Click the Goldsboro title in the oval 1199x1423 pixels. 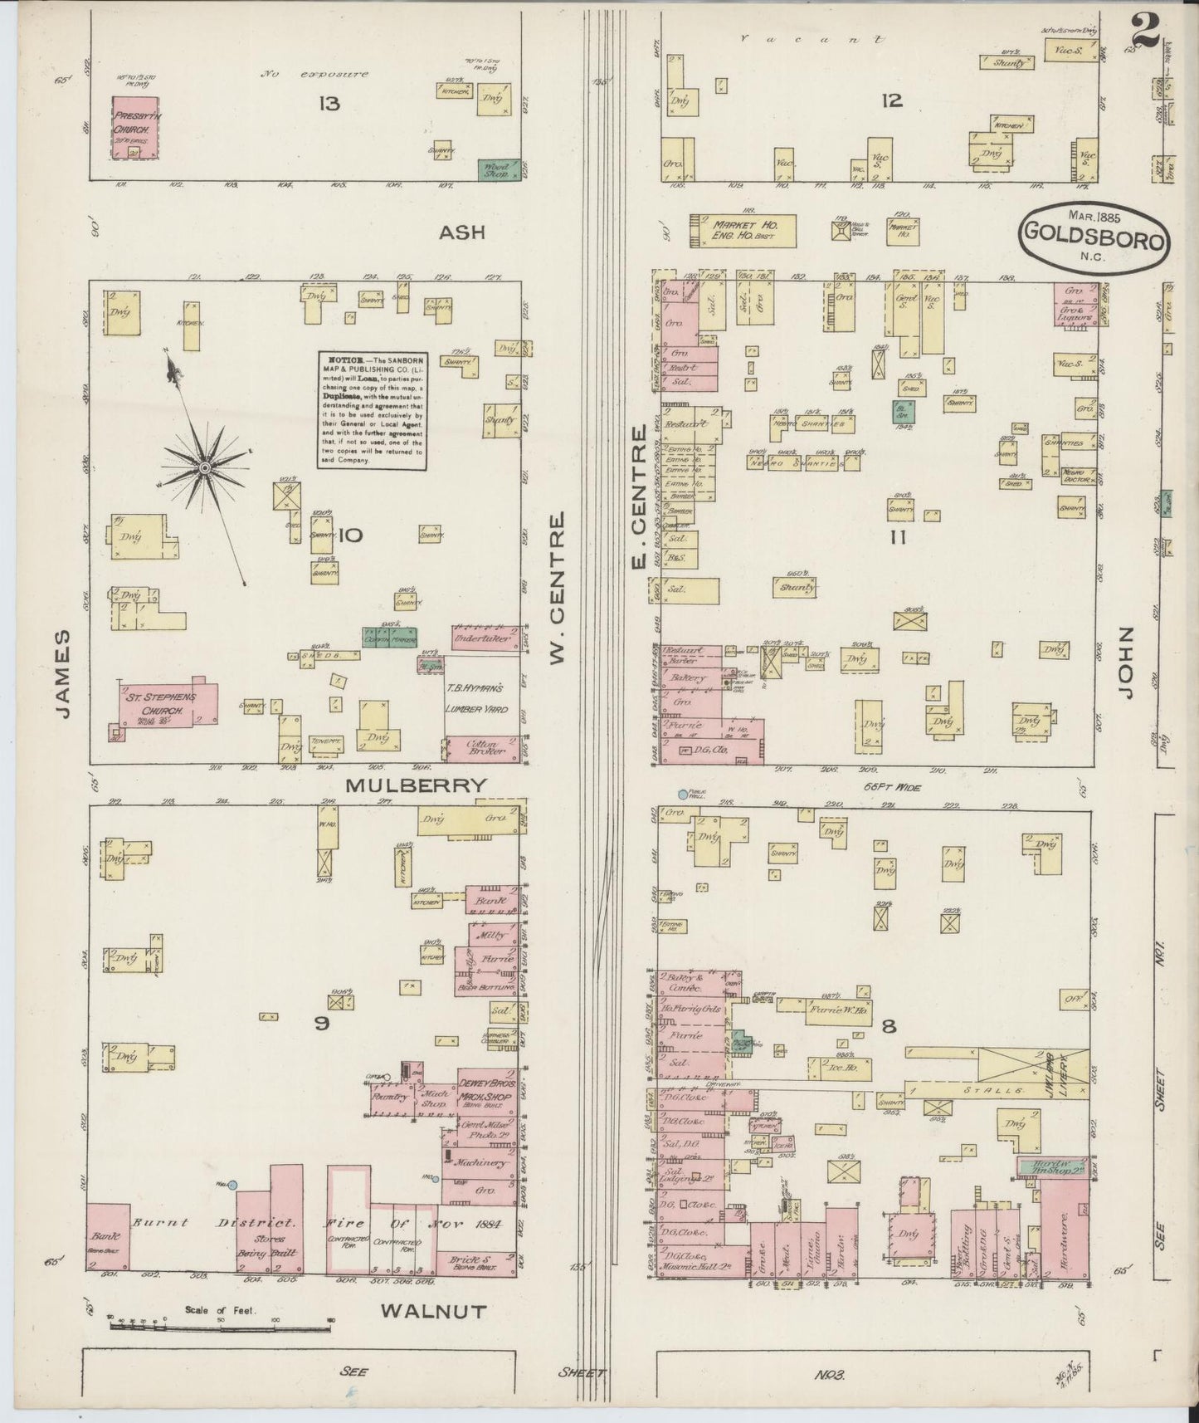coord(1095,232)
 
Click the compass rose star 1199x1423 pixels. coord(203,470)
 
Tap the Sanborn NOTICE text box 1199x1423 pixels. coord(371,410)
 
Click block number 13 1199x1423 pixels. coord(329,104)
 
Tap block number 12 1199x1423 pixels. coord(892,101)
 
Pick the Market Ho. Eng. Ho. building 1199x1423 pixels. coord(743,230)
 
